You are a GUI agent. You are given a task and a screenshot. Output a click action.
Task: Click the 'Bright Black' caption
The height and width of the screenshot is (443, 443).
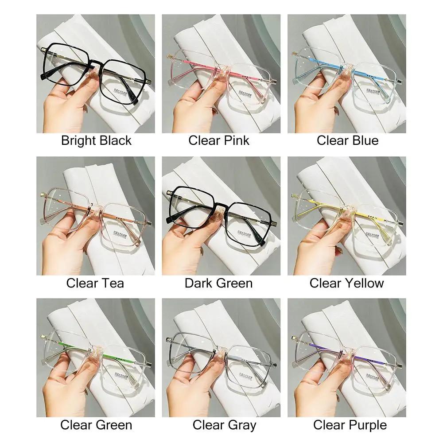(x=96, y=141)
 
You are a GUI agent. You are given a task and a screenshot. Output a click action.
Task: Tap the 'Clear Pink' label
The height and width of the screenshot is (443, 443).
(x=219, y=141)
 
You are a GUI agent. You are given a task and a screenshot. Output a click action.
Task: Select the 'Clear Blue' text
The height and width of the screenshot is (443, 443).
(x=347, y=141)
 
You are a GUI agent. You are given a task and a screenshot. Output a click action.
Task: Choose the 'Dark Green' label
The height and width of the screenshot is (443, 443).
(x=218, y=283)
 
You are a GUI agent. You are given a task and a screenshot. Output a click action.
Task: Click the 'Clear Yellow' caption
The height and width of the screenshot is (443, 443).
(x=346, y=283)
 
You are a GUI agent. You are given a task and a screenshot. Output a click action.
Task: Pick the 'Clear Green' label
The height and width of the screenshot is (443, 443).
(x=96, y=425)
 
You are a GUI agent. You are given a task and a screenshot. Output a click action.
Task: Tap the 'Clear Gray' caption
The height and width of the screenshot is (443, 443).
(x=224, y=425)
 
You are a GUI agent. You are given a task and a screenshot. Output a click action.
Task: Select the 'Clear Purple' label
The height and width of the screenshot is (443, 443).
(x=350, y=425)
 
